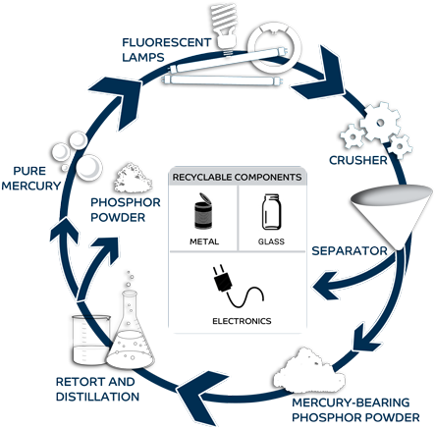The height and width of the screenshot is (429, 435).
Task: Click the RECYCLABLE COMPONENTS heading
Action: pyautogui.click(x=236, y=177)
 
